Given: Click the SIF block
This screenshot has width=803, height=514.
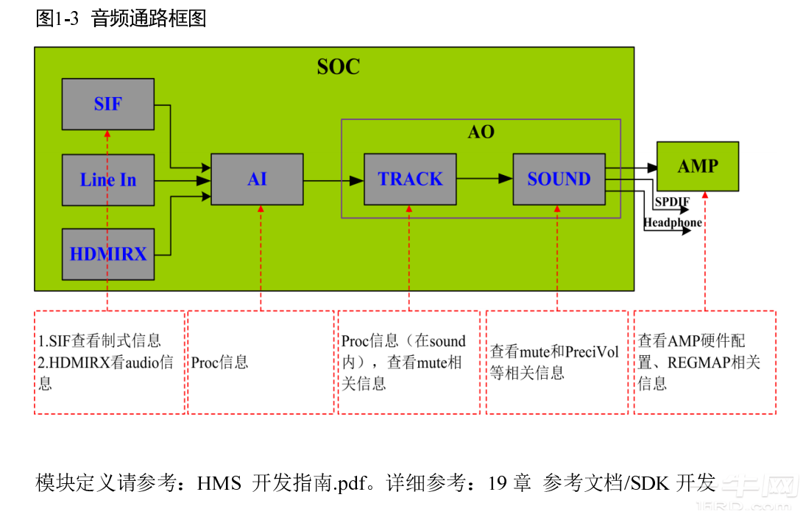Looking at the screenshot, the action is [x=108, y=104].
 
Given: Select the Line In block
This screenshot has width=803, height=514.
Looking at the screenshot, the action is [x=108, y=180].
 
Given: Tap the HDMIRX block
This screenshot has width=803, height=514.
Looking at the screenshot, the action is [x=108, y=254].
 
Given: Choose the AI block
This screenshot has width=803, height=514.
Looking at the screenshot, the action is [x=257, y=179].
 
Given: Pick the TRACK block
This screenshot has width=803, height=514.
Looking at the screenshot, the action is [x=410, y=179].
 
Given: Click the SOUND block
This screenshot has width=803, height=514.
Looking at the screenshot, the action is [x=559, y=179].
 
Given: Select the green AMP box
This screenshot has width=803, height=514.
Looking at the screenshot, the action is [x=698, y=166].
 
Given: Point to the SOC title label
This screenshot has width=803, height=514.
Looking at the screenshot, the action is [x=339, y=67].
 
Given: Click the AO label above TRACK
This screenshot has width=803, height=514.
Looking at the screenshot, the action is [x=481, y=132].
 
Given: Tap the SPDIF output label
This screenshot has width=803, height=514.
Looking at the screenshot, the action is [x=673, y=201].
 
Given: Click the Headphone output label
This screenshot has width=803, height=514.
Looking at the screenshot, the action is [x=673, y=223].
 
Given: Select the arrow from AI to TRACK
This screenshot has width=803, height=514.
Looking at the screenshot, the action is [x=333, y=181].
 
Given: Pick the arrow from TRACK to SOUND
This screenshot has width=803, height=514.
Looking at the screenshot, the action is [x=484, y=179].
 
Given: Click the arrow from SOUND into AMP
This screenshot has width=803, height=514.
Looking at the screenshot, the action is [x=632, y=168].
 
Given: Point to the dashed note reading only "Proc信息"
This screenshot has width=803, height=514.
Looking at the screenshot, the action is [x=261, y=362].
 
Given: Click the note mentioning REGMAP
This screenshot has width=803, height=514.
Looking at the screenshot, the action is [x=705, y=362].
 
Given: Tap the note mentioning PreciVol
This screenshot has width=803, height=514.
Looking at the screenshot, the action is [x=557, y=362].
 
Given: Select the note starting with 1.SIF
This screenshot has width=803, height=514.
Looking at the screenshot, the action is [x=110, y=362].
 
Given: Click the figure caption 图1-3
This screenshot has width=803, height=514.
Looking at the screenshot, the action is [x=57, y=18].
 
